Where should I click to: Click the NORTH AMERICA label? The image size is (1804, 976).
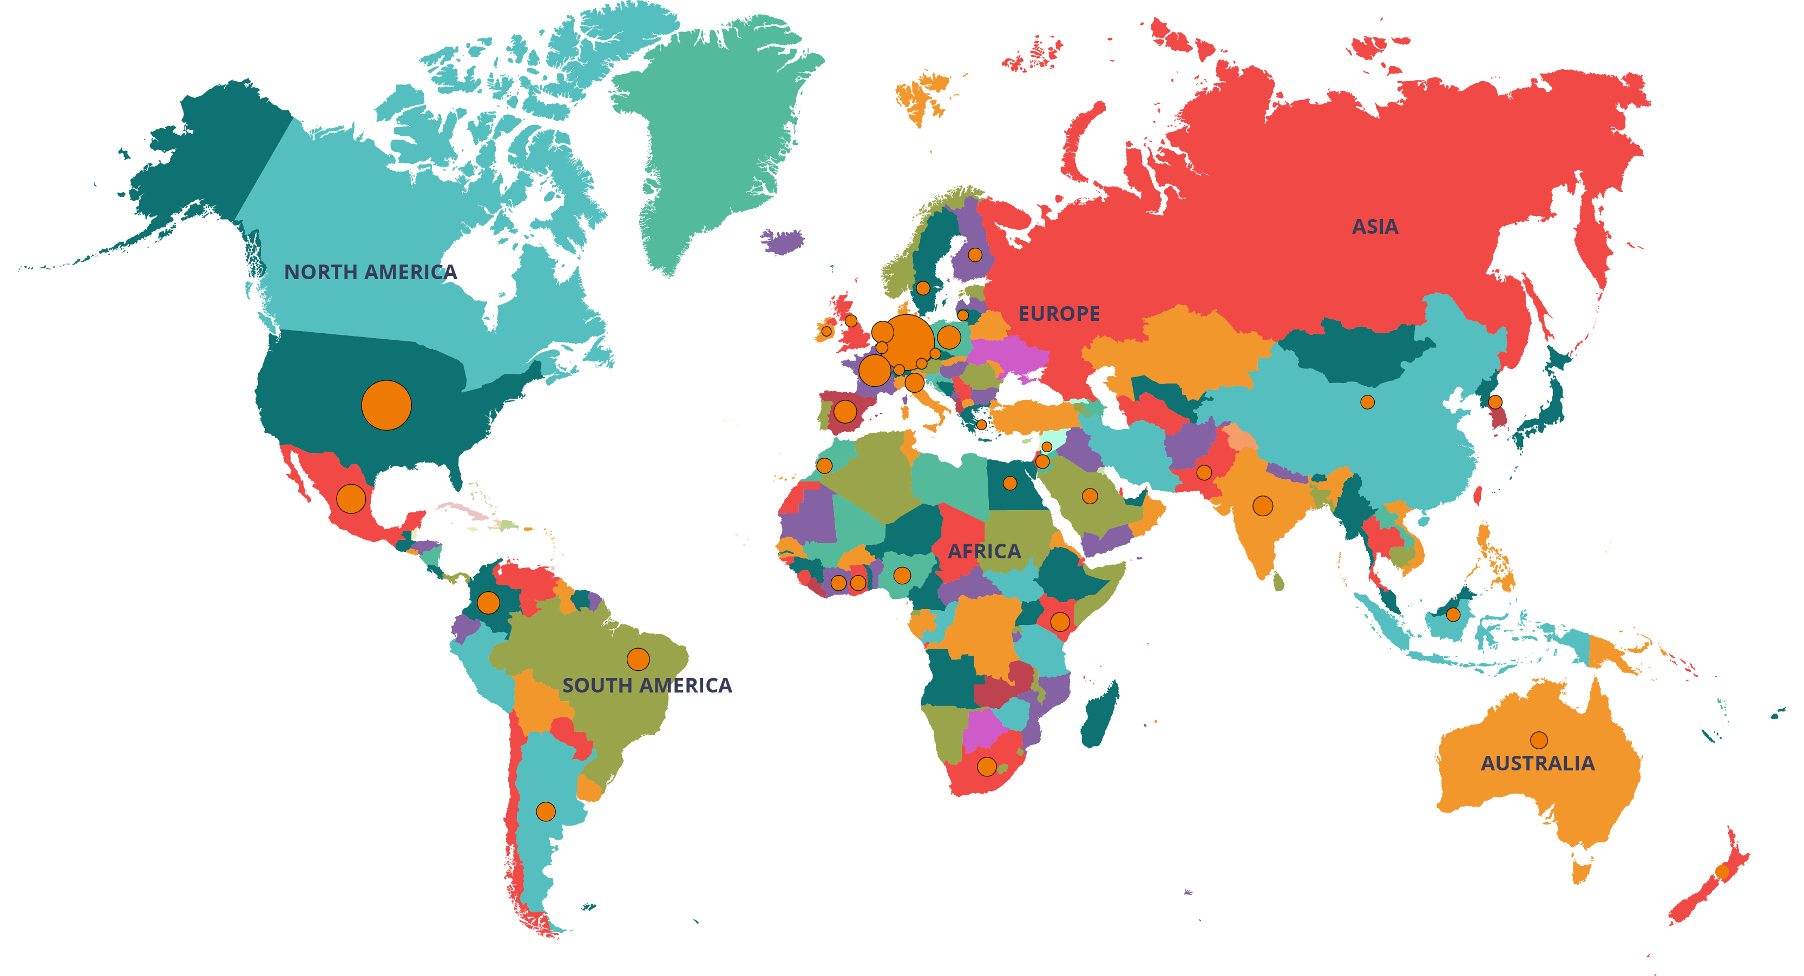tap(370, 272)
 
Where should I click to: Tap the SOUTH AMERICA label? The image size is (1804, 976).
tap(647, 685)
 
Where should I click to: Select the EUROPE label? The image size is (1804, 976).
tap(1059, 314)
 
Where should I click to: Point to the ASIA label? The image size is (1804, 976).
tap(1375, 227)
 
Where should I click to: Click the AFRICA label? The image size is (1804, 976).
tap(984, 551)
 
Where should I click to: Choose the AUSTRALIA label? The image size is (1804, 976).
tap(1537, 763)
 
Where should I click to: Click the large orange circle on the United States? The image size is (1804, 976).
tap(386, 405)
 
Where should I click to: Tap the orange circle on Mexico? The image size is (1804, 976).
tap(351, 498)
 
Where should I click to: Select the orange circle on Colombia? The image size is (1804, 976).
tap(488, 602)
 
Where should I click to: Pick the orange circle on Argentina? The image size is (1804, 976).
tap(546, 812)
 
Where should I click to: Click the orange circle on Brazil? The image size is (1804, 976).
tap(638, 659)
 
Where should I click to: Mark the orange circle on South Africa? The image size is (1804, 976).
tap(987, 767)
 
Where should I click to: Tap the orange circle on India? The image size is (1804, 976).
tap(1263, 505)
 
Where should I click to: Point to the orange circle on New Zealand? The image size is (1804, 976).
tap(1722, 872)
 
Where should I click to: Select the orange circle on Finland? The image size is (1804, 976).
tap(975, 255)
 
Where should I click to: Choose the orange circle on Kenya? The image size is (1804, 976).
tap(1060, 621)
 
